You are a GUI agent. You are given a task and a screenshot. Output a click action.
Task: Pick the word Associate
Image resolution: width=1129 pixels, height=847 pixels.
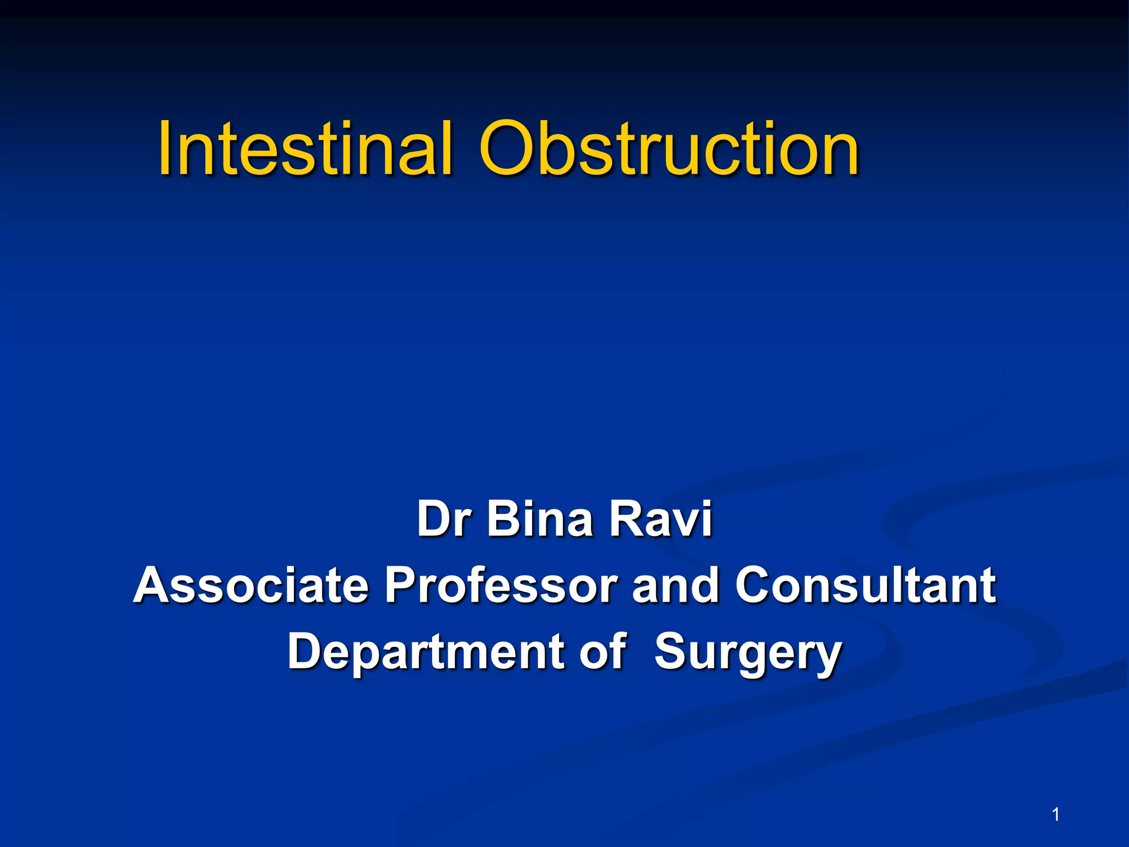pos(251,585)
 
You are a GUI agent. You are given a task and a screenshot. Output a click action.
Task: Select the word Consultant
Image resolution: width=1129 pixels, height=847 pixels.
pos(865,585)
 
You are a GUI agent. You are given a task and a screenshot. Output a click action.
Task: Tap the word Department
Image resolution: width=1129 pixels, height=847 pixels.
pos(424,652)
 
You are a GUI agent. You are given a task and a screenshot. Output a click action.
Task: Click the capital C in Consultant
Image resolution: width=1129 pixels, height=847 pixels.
pos(755,585)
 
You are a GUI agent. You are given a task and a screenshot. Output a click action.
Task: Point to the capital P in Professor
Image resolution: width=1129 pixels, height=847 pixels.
pos(401,585)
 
